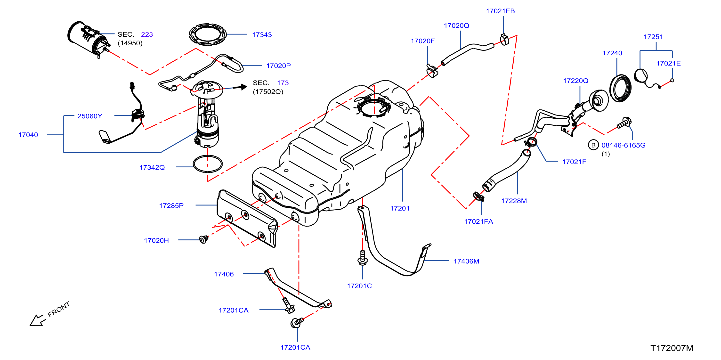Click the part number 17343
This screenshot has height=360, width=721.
coord(262,35)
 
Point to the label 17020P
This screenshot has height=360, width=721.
coord(278,66)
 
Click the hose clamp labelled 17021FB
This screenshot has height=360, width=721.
coord(505,40)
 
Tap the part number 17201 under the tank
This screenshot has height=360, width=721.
coord(400,208)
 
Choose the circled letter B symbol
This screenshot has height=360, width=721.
coord(593,145)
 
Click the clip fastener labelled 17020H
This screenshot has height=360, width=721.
coord(203,240)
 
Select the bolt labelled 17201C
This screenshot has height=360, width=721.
coord(363,258)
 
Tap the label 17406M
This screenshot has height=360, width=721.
coord(466,261)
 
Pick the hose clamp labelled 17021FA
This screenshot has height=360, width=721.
coord(478,196)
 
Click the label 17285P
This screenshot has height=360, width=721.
coord(171,206)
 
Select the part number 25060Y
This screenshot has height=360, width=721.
coord(90,116)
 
